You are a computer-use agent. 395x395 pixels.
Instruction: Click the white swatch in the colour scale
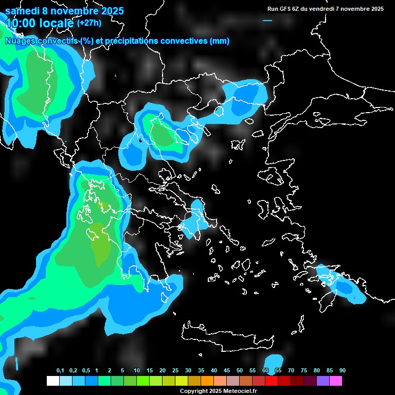pyautogui.click(x=52, y=381)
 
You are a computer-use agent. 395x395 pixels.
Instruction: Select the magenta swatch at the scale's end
pyautogui.click(x=336, y=381)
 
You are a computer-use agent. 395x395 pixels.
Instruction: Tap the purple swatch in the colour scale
pyautogui.click(x=323, y=381)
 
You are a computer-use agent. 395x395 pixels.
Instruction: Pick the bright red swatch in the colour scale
pyautogui.click(x=272, y=381)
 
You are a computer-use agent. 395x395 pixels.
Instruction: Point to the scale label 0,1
pyautogui.click(x=60, y=371)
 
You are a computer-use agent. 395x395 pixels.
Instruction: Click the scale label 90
pyautogui.click(x=343, y=371)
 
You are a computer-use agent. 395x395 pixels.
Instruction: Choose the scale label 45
pyautogui.click(x=227, y=371)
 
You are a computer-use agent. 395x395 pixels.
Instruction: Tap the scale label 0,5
pyautogui.click(x=86, y=371)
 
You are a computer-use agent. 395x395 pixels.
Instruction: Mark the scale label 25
pyautogui.click(x=175, y=371)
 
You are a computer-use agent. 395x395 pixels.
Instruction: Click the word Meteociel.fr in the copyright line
pyautogui.click(x=240, y=391)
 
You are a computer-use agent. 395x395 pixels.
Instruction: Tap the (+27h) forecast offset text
pyautogui.click(x=88, y=23)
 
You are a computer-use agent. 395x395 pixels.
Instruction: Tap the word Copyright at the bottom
pyautogui.click(x=194, y=391)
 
